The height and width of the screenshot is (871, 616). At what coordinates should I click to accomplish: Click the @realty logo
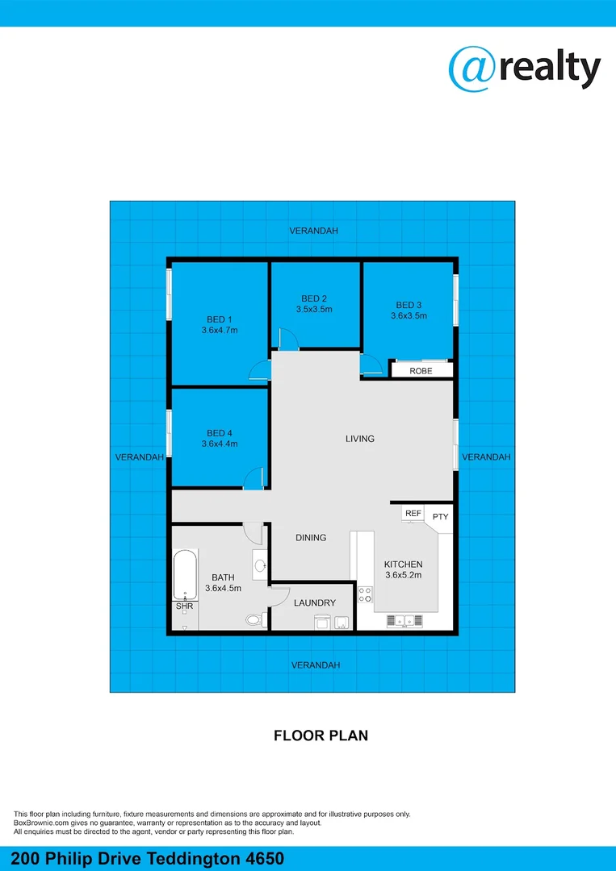tap(525, 69)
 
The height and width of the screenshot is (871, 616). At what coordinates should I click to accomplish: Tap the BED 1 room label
tap(219, 319)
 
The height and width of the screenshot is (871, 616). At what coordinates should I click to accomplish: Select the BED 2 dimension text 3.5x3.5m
tap(314, 310)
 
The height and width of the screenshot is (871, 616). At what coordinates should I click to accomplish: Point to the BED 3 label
tap(409, 305)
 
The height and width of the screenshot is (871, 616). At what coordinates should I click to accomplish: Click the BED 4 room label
tap(219, 433)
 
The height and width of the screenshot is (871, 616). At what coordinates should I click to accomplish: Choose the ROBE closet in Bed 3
tap(421, 370)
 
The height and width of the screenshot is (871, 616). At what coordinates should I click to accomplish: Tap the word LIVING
tap(360, 439)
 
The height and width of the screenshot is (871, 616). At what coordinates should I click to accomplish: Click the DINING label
tap(311, 538)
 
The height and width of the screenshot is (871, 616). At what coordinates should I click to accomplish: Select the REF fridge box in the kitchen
tap(413, 514)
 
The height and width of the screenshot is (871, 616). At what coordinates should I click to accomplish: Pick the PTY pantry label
tap(440, 517)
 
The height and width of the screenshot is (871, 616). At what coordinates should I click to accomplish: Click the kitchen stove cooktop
tap(365, 595)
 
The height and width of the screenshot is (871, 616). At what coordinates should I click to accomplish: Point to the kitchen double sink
tap(404, 620)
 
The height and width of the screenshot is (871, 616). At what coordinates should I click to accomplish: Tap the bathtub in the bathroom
tap(185, 575)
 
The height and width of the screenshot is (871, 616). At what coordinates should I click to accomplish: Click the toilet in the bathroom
tap(255, 620)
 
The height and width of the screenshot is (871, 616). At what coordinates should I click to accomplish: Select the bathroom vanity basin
tap(260, 565)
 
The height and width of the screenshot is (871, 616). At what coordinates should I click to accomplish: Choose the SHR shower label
tap(185, 606)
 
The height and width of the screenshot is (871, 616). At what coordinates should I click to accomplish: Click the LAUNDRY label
tap(315, 602)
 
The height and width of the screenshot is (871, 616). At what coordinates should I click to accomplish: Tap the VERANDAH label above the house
tap(314, 231)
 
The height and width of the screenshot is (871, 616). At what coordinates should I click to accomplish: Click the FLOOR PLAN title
tap(321, 736)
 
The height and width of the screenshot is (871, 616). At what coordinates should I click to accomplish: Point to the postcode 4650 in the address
tap(265, 858)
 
